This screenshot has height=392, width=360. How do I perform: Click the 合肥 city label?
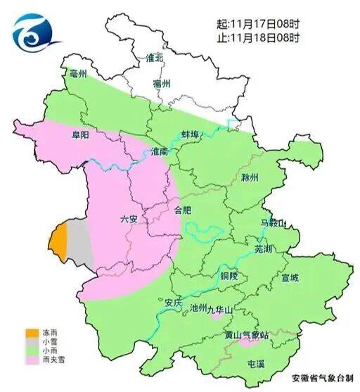click(182, 209)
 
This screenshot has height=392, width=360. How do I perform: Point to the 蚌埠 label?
click(193, 134)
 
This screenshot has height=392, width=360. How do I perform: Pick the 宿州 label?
click(162, 83)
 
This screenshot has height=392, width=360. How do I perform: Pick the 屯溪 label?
click(256, 364)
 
